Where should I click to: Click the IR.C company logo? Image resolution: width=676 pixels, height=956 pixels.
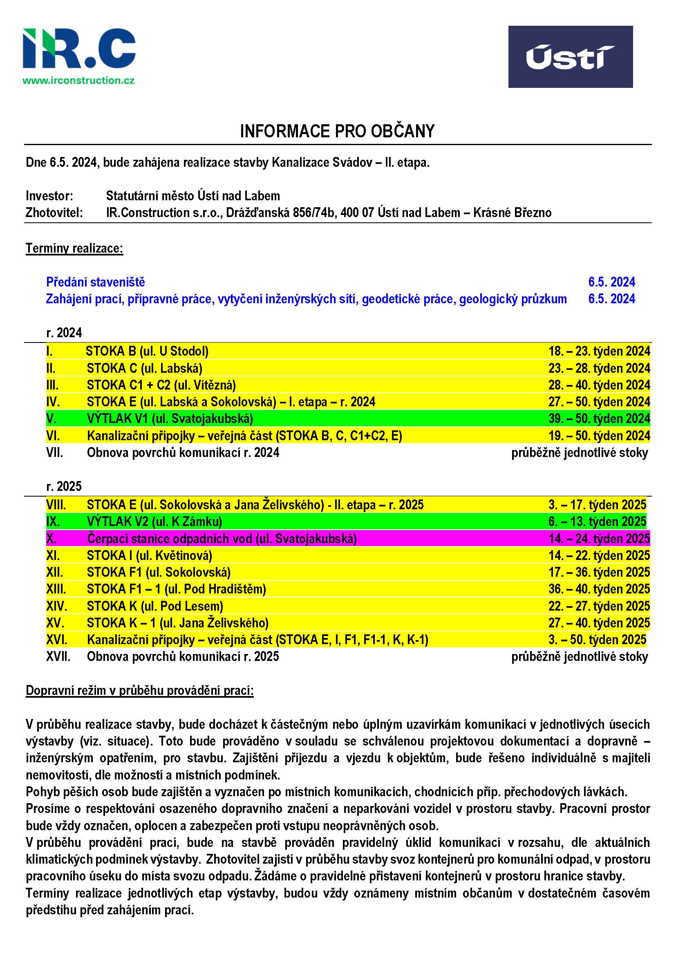click(79, 49)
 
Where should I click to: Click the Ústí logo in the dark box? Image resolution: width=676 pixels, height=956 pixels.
click(570, 57)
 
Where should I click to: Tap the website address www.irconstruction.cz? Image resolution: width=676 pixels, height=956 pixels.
click(78, 81)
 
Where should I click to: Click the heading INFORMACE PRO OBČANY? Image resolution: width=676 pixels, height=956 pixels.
click(337, 131)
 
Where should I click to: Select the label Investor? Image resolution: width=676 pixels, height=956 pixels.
click(49, 196)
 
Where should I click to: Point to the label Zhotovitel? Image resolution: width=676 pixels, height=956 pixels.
click(54, 213)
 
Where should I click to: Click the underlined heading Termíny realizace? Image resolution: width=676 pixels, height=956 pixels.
click(74, 249)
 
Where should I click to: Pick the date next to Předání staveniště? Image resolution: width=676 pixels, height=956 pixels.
click(611, 282)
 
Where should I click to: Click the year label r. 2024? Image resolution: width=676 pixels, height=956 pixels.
click(64, 333)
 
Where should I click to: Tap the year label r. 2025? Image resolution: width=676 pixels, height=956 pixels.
click(64, 486)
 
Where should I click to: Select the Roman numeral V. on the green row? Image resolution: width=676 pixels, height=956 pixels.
click(51, 419)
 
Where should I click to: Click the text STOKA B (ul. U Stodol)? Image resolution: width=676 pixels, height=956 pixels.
click(147, 352)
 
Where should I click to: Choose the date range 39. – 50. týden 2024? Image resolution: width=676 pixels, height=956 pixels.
click(599, 419)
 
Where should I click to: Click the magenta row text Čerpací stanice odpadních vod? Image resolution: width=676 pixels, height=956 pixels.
click(222, 539)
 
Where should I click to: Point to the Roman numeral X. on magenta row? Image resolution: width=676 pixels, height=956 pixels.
click(51, 539)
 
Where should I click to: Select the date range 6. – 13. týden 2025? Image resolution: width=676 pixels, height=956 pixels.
click(597, 522)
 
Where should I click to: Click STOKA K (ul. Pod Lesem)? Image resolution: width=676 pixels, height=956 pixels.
click(155, 606)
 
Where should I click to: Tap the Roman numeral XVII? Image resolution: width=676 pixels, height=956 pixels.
click(58, 657)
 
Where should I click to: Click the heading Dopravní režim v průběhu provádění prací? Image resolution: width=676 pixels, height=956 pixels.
click(139, 691)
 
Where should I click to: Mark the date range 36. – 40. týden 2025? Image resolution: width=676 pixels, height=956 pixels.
click(599, 589)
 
